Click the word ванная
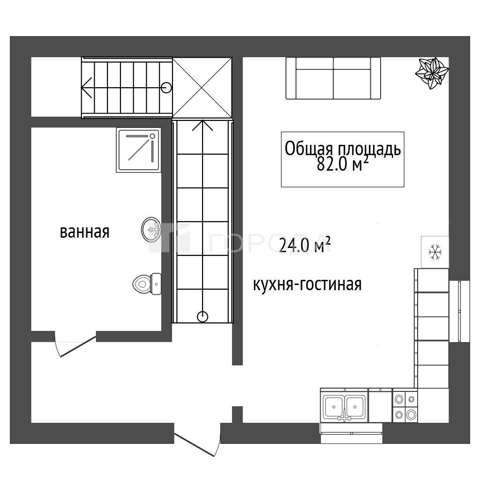[84, 232]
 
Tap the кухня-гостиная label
[307, 285]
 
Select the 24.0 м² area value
[305, 246]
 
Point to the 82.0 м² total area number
[342, 164]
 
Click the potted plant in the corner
[432, 73]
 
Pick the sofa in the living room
[333, 78]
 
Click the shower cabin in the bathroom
[139, 150]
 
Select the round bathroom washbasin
[151, 230]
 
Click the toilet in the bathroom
[147, 284]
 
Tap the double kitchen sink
[345, 407]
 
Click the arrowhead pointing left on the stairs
[86, 88]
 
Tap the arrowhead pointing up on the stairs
[202, 126]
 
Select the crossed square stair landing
[202, 88]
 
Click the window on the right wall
[459, 311]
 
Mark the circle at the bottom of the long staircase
[202, 316]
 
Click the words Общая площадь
[343, 149]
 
